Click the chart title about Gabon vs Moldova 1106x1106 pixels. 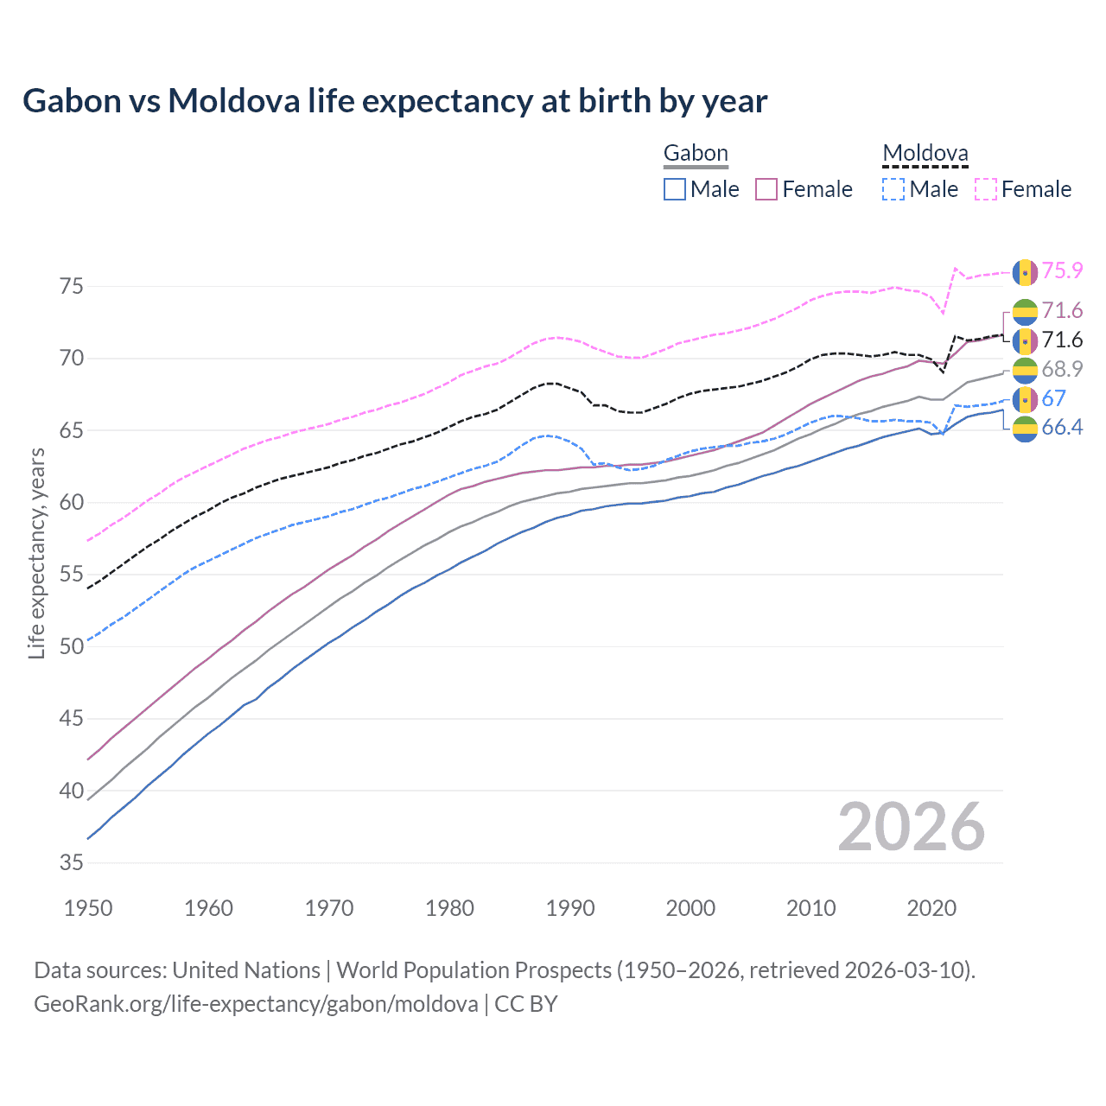(395, 101)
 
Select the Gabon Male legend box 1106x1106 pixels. (675, 189)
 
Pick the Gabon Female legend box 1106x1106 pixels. (767, 189)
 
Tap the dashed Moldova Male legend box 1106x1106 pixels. (893, 189)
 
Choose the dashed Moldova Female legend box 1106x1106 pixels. (986, 189)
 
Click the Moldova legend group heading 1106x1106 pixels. (925, 154)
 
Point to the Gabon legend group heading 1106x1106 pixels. (696, 154)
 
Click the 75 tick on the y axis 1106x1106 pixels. (72, 286)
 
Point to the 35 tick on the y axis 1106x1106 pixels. (72, 862)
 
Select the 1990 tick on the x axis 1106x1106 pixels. (570, 908)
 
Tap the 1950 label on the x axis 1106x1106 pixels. (88, 908)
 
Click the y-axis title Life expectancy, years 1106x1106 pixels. (36, 553)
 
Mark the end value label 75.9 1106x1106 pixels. (1062, 271)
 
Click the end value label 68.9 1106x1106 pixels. (1062, 370)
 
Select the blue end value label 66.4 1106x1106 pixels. (1062, 428)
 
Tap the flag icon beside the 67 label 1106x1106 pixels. (1025, 399)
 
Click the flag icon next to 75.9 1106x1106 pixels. (1025, 271)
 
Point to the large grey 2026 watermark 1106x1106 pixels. (912, 828)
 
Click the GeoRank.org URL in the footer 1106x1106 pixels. (256, 1004)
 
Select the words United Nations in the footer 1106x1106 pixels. (246, 970)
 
